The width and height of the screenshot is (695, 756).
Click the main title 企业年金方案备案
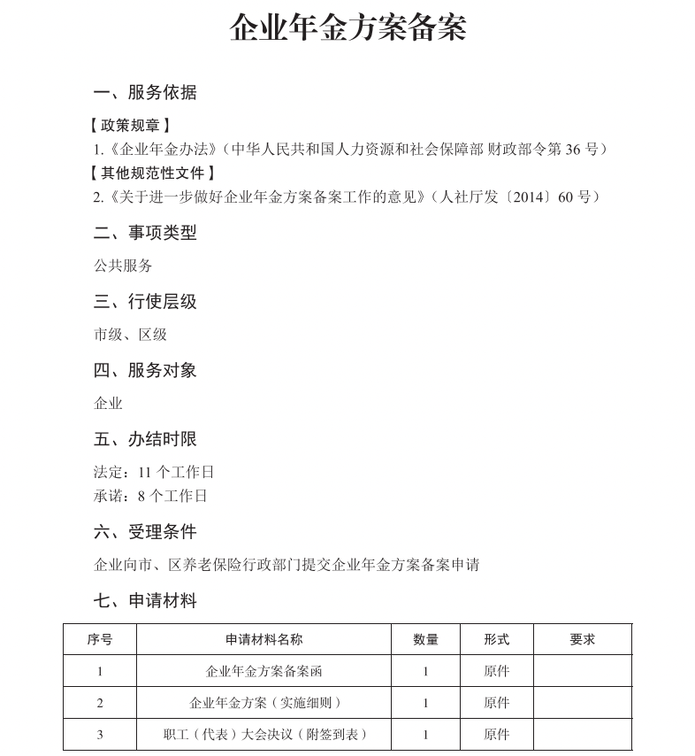tap(347, 28)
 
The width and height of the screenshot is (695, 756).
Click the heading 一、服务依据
tap(145, 92)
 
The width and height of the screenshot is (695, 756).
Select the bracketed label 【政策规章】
tap(131, 126)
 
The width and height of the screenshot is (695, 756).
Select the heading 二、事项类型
tap(145, 233)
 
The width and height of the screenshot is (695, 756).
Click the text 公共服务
tap(123, 266)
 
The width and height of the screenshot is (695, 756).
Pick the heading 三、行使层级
tap(145, 302)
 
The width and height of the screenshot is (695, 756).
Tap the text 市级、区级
tap(130, 335)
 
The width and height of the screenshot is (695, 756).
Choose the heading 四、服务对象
tap(145, 370)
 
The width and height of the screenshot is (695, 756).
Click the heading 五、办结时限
tap(145, 439)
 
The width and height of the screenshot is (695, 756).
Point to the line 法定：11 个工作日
tap(154, 472)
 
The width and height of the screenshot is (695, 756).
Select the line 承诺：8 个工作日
tap(150, 496)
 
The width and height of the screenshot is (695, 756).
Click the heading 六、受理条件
tap(145, 532)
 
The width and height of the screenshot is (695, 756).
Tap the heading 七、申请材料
tap(145, 601)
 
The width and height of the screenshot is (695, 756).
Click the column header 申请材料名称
tap(263, 639)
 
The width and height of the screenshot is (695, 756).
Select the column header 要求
tap(582, 639)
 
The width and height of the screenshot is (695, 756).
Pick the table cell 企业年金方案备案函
tap(263, 671)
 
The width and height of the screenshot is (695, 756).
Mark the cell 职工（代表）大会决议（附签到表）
tap(263, 734)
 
